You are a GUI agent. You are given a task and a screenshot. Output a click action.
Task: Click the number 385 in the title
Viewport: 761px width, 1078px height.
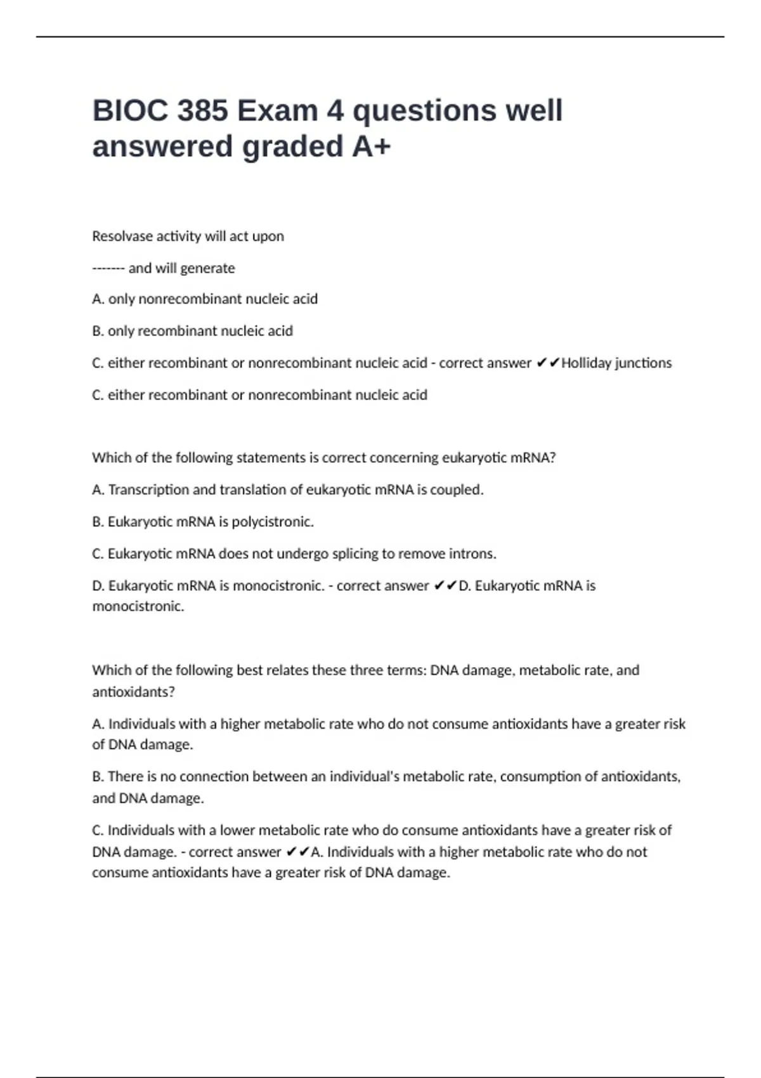tap(202, 111)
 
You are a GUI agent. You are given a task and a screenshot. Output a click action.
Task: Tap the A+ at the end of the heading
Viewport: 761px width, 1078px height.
tap(371, 146)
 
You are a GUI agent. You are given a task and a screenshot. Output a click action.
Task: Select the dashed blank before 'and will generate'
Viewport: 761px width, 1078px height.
tap(108, 268)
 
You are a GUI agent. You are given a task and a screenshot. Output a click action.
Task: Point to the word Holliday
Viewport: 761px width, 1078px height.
tap(587, 363)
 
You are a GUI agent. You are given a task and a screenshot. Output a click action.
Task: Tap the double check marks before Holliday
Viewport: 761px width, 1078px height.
tap(548, 363)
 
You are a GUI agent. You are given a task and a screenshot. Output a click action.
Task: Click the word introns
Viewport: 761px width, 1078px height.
tap(472, 554)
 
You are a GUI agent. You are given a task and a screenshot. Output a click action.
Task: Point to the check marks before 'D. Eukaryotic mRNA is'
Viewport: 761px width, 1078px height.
tap(445, 586)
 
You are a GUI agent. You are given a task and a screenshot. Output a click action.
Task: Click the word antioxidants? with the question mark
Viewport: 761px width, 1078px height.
tap(133, 692)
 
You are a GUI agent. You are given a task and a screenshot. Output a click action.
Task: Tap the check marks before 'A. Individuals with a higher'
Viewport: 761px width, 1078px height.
tap(297, 852)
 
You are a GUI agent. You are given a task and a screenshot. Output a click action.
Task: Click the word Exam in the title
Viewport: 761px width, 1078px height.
tap(277, 111)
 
